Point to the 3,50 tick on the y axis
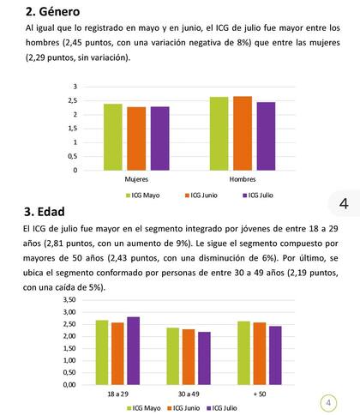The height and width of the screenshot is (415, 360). [x=69, y=299]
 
